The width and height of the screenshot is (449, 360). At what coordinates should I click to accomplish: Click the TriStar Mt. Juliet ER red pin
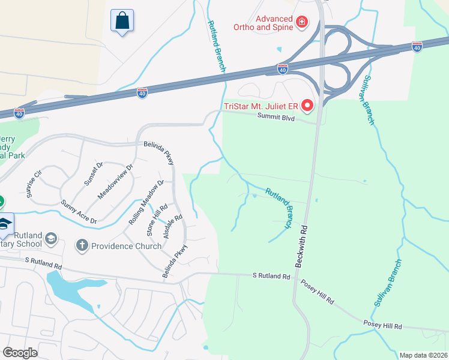click(307, 106)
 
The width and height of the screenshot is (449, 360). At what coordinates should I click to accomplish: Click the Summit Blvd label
click(276, 118)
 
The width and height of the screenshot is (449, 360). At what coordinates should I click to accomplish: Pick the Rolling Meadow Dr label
click(146, 202)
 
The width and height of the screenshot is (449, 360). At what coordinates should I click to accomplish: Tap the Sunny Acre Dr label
click(79, 212)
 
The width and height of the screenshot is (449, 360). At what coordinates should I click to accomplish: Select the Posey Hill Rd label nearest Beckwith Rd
click(316, 292)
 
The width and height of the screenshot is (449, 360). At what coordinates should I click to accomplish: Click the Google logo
click(20, 353)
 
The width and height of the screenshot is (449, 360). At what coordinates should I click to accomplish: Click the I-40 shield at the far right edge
click(417, 46)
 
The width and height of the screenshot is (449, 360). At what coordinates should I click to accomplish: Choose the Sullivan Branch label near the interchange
click(369, 100)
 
